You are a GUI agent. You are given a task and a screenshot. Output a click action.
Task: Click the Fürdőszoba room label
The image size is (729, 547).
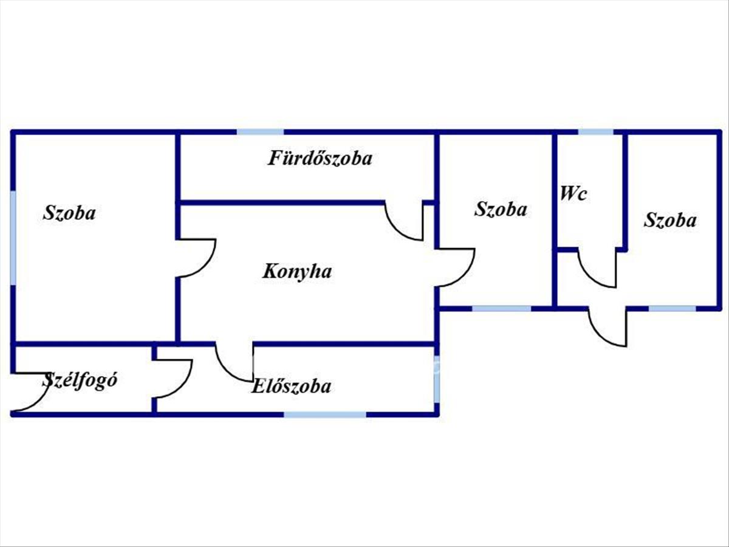pyautogui.click(x=320, y=159)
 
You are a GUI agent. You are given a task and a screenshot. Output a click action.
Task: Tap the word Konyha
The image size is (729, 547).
pyautogui.click(x=297, y=271)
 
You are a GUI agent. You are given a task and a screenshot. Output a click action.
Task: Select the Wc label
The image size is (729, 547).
pyautogui.click(x=573, y=194)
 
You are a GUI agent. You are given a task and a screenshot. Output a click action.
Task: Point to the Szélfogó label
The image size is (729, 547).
pyautogui.click(x=80, y=381)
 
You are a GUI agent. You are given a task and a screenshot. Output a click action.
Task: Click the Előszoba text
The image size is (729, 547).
pyautogui.click(x=292, y=386)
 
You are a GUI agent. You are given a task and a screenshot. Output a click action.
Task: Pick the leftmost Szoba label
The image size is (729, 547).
pyautogui.click(x=69, y=213)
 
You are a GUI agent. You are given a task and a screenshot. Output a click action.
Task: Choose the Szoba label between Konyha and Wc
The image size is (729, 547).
pyautogui.click(x=501, y=210)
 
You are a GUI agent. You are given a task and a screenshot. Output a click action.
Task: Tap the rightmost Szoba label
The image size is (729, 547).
pyautogui.click(x=670, y=220)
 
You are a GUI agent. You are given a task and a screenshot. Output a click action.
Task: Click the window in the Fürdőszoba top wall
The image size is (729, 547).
pyautogui.click(x=260, y=132)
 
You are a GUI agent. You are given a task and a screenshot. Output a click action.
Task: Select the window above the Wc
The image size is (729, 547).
pyautogui.click(x=595, y=132)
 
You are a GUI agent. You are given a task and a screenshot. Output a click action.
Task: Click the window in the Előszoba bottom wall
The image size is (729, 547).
pyautogui.click(x=325, y=415)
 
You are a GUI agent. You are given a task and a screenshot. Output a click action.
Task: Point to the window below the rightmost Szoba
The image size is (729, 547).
pyautogui.click(x=672, y=308)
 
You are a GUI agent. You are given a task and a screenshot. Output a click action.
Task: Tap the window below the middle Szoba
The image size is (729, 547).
pyautogui.click(x=502, y=308)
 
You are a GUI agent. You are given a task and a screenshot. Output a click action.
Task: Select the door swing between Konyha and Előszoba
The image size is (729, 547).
pyautogui.click(x=234, y=363)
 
